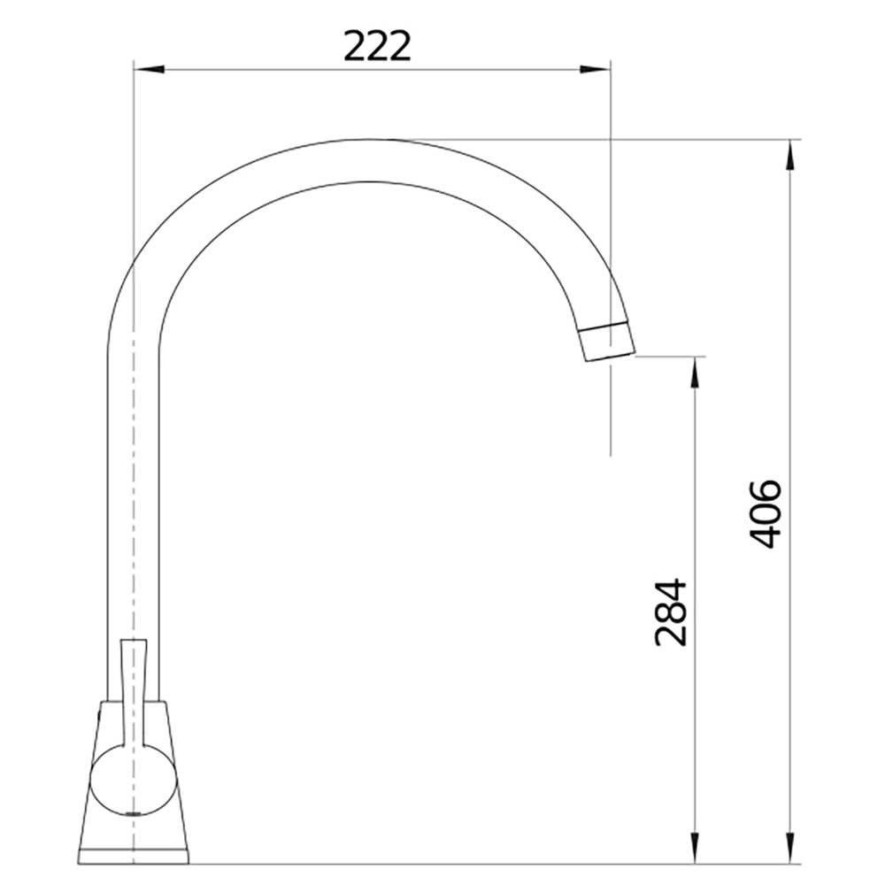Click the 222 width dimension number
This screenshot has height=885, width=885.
point(378,45)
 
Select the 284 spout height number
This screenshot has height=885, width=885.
point(670,612)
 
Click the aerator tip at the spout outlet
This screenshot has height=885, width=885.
point(607,340)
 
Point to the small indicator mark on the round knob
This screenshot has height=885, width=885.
point(133,811)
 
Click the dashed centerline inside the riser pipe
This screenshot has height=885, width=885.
point(133,487)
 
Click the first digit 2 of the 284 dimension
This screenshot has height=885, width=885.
point(670,635)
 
